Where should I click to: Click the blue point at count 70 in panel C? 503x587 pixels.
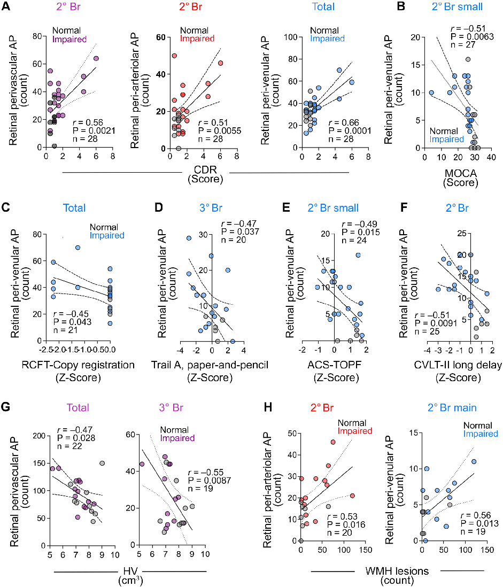pos(78,248)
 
